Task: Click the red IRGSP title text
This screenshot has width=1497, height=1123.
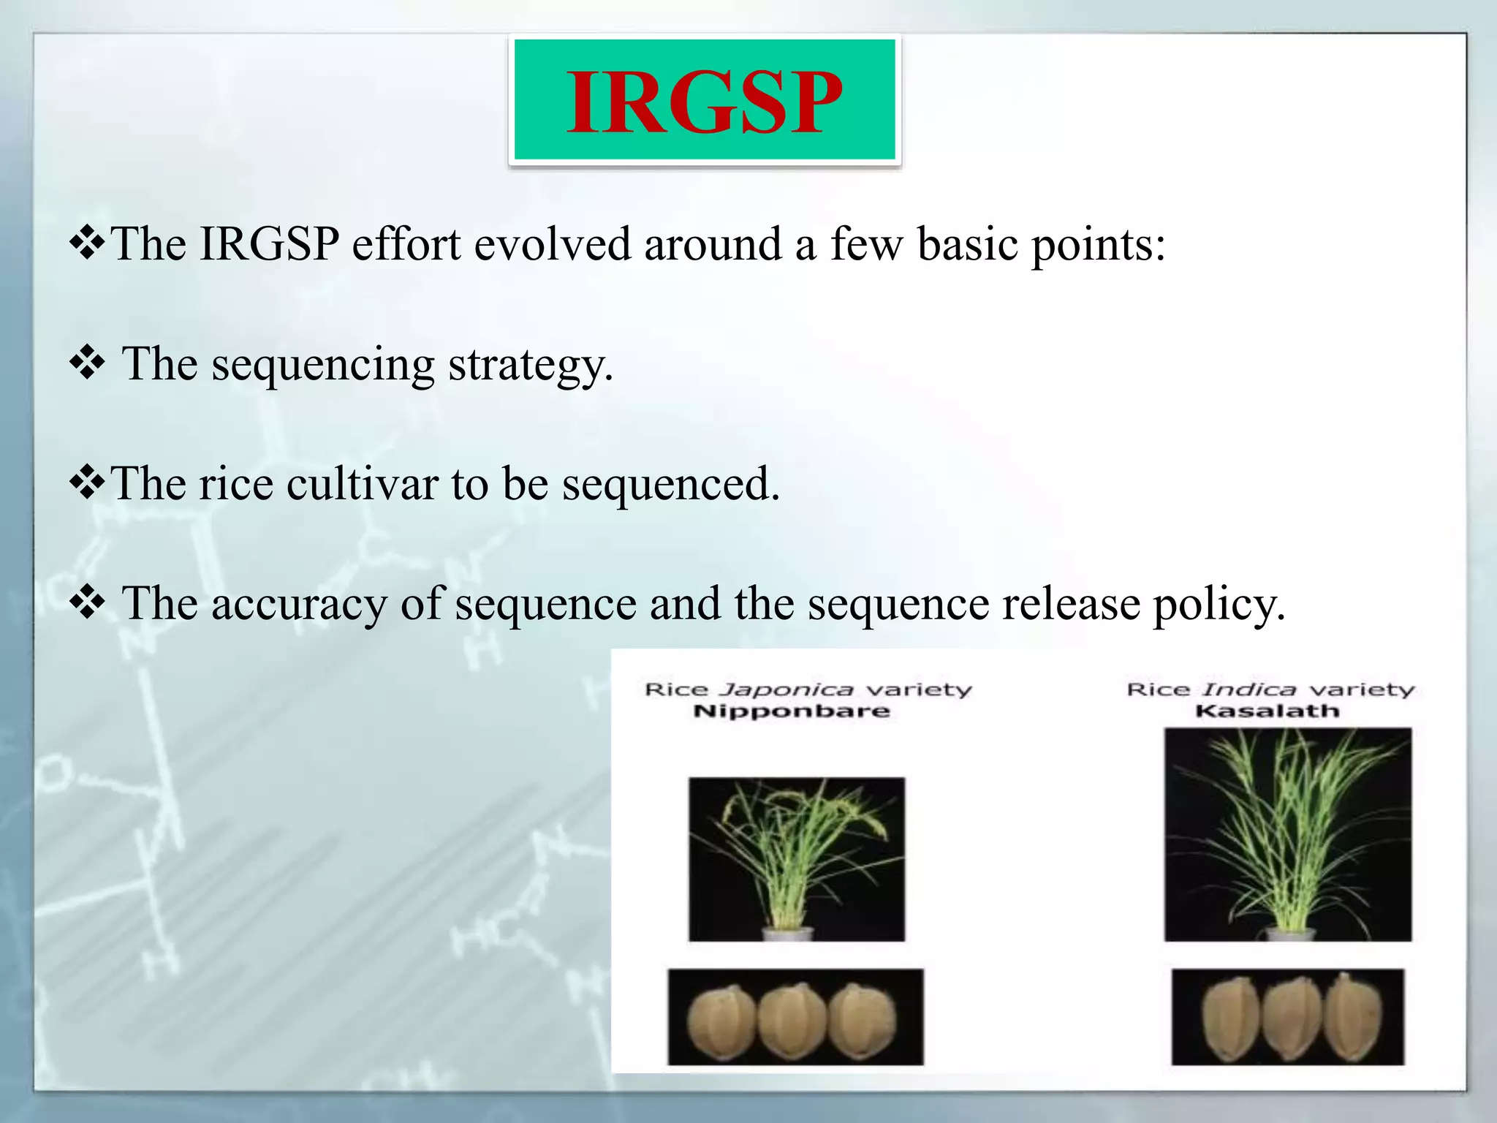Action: (x=704, y=102)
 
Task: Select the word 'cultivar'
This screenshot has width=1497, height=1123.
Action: (x=362, y=484)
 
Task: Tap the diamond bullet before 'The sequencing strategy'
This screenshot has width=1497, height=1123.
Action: (x=88, y=363)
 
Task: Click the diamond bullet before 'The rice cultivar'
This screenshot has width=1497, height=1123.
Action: (x=88, y=483)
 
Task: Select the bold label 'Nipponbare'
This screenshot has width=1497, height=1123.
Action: (x=791, y=711)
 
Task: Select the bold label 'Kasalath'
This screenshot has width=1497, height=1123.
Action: (x=1267, y=711)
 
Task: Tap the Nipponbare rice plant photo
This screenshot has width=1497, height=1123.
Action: (x=796, y=859)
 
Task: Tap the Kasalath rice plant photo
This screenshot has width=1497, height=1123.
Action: (x=1287, y=833)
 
